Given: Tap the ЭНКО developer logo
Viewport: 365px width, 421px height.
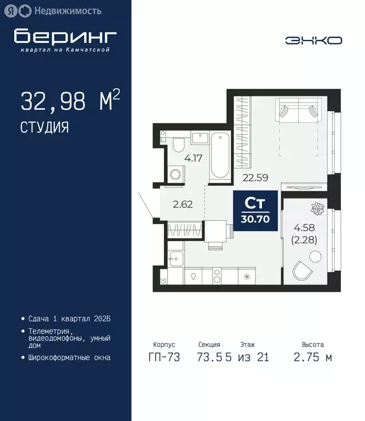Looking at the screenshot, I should click(313, 40).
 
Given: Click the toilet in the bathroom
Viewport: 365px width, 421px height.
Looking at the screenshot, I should click(178, 145).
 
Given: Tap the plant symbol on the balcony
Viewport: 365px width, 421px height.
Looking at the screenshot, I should click(318, 208).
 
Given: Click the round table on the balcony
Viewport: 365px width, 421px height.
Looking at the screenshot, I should click(316, 256).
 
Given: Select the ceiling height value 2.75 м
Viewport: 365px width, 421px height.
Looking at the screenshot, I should click(312, 357).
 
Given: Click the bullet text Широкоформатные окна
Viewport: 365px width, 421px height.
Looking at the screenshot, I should click(69, 357).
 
